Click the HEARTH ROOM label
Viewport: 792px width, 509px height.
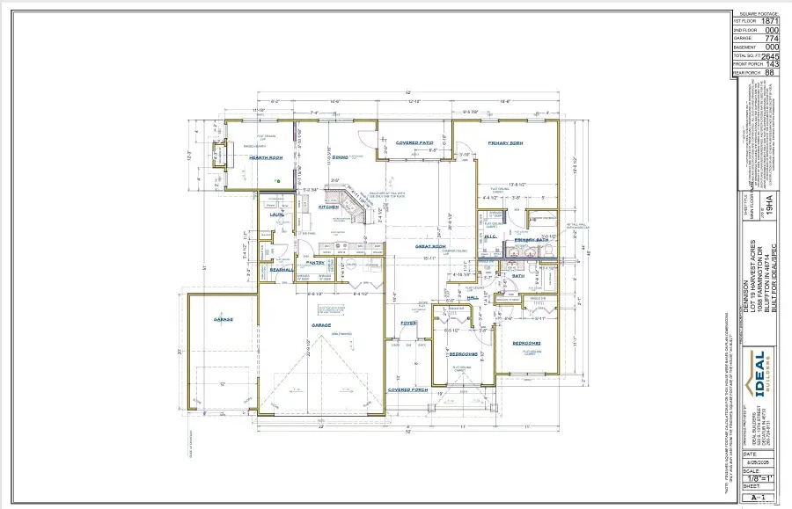click(x=265, y=157)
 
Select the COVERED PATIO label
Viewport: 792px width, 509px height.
click(x=413, y=142)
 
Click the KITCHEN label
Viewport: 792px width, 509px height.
click(x=331, y=207)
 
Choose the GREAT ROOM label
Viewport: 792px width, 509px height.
click(x=431, y=247)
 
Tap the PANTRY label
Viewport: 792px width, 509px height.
click(x=316, y=262)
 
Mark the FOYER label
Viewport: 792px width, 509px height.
click(x=409, y=323)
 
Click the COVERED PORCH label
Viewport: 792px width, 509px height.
click(x=409, y=388)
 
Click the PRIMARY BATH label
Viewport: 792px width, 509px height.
click(x=532, y=238)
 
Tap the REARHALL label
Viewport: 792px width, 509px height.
click(x=281, y=270)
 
